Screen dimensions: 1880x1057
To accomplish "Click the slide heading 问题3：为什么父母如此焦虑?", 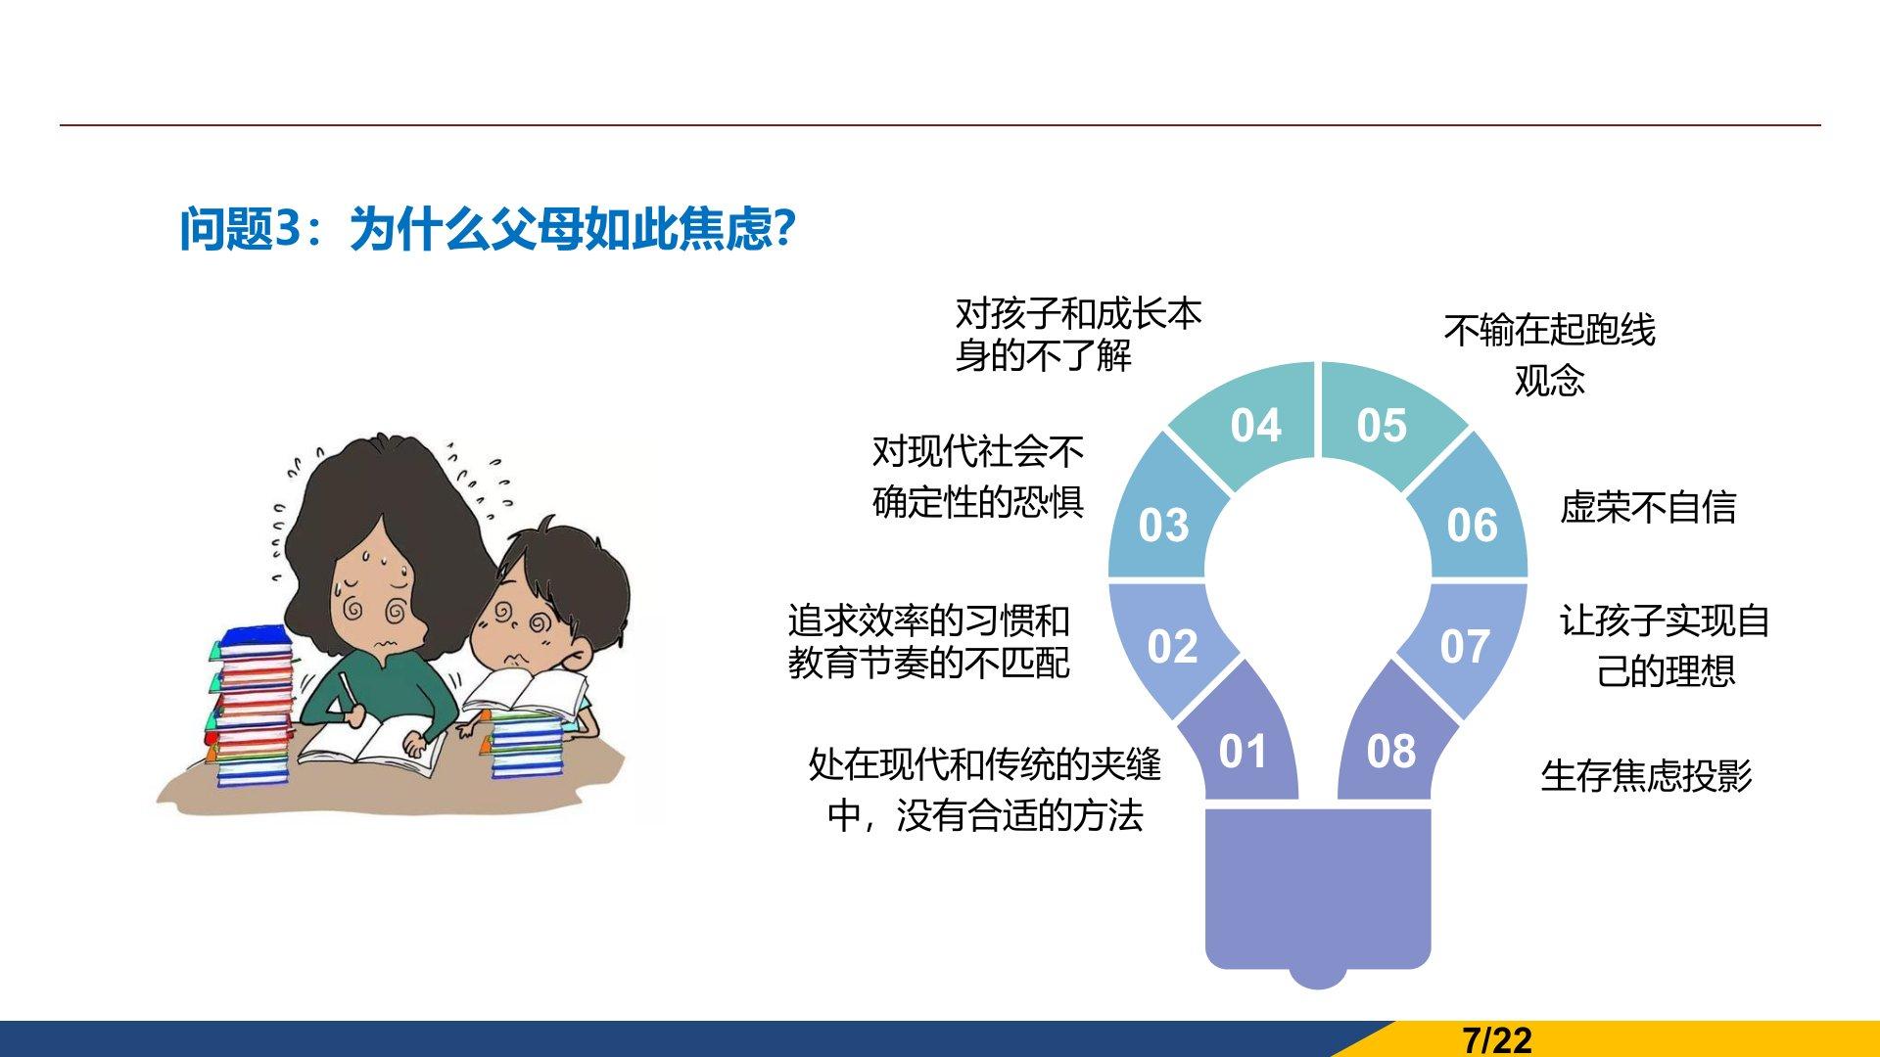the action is pyautogui.click(x=487, y=230).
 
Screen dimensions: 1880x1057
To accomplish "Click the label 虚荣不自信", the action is pyautogui.click(x=1648, y=507).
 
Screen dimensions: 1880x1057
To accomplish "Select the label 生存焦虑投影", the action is pyautogui.click(x=1646, y=775).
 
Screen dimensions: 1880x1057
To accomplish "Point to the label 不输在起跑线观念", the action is pyautogui.click(x=1549, y=354).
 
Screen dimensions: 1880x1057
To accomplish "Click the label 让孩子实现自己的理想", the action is pyautogui.click(x=1665, y=645).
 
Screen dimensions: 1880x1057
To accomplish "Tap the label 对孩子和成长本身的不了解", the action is pyautogui.click(x=1078, y=335).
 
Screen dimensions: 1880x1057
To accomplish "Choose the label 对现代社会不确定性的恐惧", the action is pyautogui.click(x=978, y=477).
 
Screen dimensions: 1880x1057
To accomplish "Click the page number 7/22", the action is pyautogui.click(x=1497, y=1039).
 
